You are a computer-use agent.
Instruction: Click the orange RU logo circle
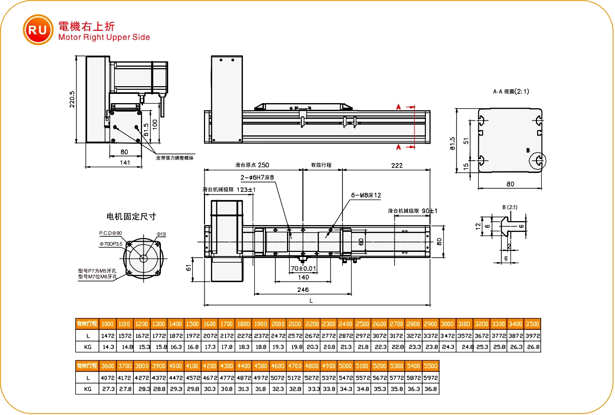coord(38,30)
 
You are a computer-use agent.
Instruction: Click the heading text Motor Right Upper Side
coord(104,37)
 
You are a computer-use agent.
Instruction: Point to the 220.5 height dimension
coord(72,99)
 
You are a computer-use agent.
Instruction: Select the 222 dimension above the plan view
coord(396,165)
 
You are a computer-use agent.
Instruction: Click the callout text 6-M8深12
coord(366,195)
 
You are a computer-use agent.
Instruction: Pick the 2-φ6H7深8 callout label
coord(258,177)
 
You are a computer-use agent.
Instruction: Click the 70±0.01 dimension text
coord(303,268)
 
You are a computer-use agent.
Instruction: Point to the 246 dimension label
coord(303,290)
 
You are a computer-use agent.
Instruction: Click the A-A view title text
coord(510,92)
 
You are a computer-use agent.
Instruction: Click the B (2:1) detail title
coord(510,207)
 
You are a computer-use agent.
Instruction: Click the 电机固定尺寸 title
coord(131,216)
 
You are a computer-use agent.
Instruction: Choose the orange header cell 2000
coord(278,324)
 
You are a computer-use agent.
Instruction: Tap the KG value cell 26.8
coord(532,347)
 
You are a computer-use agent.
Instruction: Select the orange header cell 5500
coord(430,366)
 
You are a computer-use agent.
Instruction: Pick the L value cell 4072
coord(107,378)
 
